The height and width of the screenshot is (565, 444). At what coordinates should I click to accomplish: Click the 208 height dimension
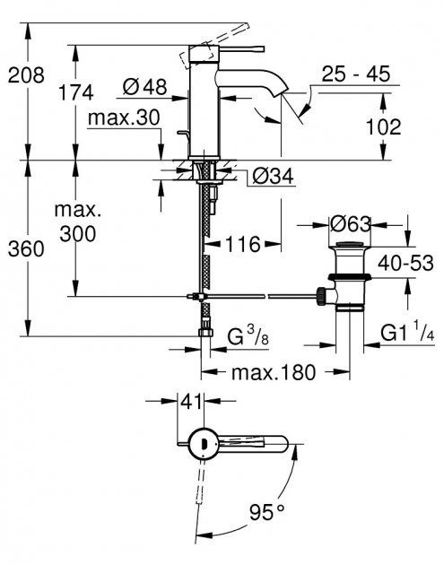tap(25, 75)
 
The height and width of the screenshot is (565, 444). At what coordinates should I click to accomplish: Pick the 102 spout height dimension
tap(384, 127)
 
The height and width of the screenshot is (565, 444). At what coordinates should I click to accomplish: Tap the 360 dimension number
tap(25, 250)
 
